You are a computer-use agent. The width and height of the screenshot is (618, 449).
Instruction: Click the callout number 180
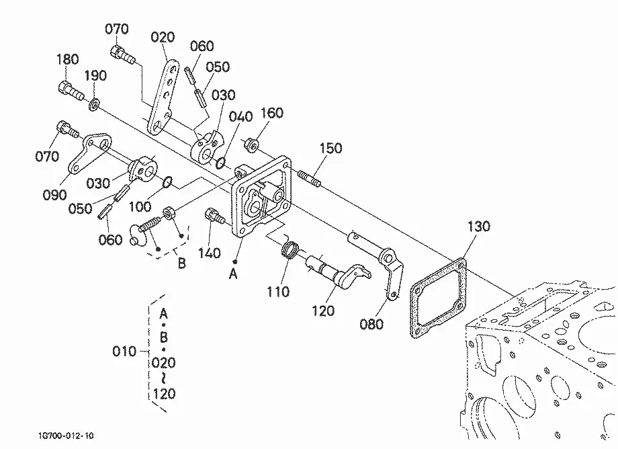pyautogui.click(x=67, y=60)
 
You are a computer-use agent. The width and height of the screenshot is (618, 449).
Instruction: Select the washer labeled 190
pyautogui.click(x=94, y=106)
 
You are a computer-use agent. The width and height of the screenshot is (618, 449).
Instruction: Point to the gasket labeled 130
pyautogui.click(x=438, y=298)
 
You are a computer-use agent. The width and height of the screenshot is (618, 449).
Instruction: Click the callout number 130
pyautogui.click(x=478, y=227)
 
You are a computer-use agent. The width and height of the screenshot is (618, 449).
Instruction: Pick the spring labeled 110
pyautogui.click(x=291, y=249)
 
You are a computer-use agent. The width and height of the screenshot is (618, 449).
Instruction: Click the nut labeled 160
pyautogui.click(x=253, y=145)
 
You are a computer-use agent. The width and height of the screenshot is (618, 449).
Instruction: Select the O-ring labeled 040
pyautogui.click(x=221, y=162)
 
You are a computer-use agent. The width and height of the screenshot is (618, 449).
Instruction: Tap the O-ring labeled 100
pyautogui.click(x=167, y=182)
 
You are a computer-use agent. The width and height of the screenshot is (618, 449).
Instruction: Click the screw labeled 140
pyautogui.click(x=214, y=216)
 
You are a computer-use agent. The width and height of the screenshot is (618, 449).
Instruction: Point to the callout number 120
pyautogui.click(x=323, y=311)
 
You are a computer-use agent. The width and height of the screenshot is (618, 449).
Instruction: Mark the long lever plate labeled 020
pyautogui.click(x=163, y=97)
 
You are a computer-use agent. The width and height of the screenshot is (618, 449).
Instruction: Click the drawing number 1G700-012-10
pyautogui.click(x=67, y=436)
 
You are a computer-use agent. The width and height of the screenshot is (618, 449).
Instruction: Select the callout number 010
pyautogui.click(x=124, y=352)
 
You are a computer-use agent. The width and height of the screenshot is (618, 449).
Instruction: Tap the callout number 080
pyautogui.click(x=371, y=325)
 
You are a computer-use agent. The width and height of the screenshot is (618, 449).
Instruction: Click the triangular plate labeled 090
pyautogui.click(x=90, y=154)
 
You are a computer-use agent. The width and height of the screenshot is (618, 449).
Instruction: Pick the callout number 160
pyautogui.click(x=272, y=113)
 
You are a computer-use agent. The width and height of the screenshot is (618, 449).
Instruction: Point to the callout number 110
pyautogui.click(x=278, y=292)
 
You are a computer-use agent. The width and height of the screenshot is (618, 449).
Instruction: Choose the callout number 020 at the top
pyautogui.click(x=163, y=38)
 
